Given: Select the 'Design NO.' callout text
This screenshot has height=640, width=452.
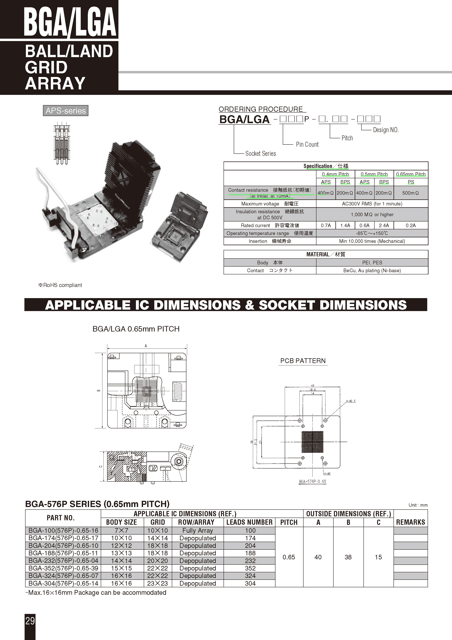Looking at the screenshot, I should tap(386, 130).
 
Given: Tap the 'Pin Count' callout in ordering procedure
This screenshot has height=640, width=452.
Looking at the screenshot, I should tap(307, 144).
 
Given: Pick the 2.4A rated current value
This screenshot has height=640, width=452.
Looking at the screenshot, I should tap(384, 225).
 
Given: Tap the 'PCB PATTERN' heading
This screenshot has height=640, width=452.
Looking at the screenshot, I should tap(303, 361).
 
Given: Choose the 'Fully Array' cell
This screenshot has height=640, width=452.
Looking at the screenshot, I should tap(198, 531).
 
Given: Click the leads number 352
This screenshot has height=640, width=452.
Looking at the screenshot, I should tap(250, 568).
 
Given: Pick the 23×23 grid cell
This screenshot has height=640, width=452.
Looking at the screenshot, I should tap(158, 583).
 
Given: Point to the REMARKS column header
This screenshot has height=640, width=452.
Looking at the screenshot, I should tap(410, 522).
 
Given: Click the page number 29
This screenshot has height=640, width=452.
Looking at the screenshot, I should tap(30, 621).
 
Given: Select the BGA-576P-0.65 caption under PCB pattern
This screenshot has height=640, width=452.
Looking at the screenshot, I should tap(312, 481).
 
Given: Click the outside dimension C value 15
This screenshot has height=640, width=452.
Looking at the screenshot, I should tap(378, 557).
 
